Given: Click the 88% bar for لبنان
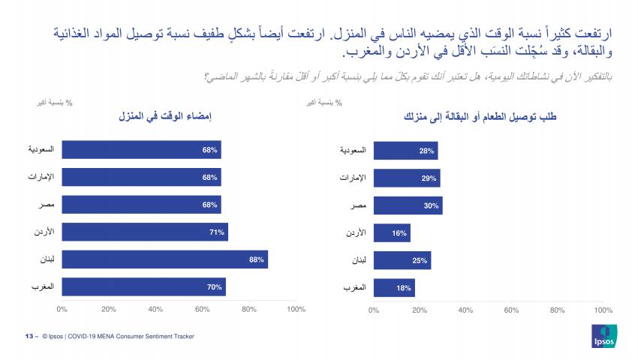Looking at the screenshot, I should [x=164, y=259].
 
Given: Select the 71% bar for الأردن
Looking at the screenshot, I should [x=144, y=232].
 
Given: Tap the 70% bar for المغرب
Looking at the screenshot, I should [x=143, y=287].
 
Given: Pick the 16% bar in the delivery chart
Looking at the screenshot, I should [x=391, y=232].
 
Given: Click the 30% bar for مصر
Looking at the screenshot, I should [x=408, y=205].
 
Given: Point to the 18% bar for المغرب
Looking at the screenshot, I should [x=393, y=287].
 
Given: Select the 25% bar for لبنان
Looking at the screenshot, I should [x=402, y=259].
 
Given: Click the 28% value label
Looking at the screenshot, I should [x=427, y=151].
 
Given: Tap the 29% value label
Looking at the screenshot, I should [x=429, y=178].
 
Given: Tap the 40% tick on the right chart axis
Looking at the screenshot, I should [x=465, y=308].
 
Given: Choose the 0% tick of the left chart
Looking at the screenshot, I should [x=62, y=308].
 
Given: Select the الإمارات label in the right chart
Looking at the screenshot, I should [x=351, y=178].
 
